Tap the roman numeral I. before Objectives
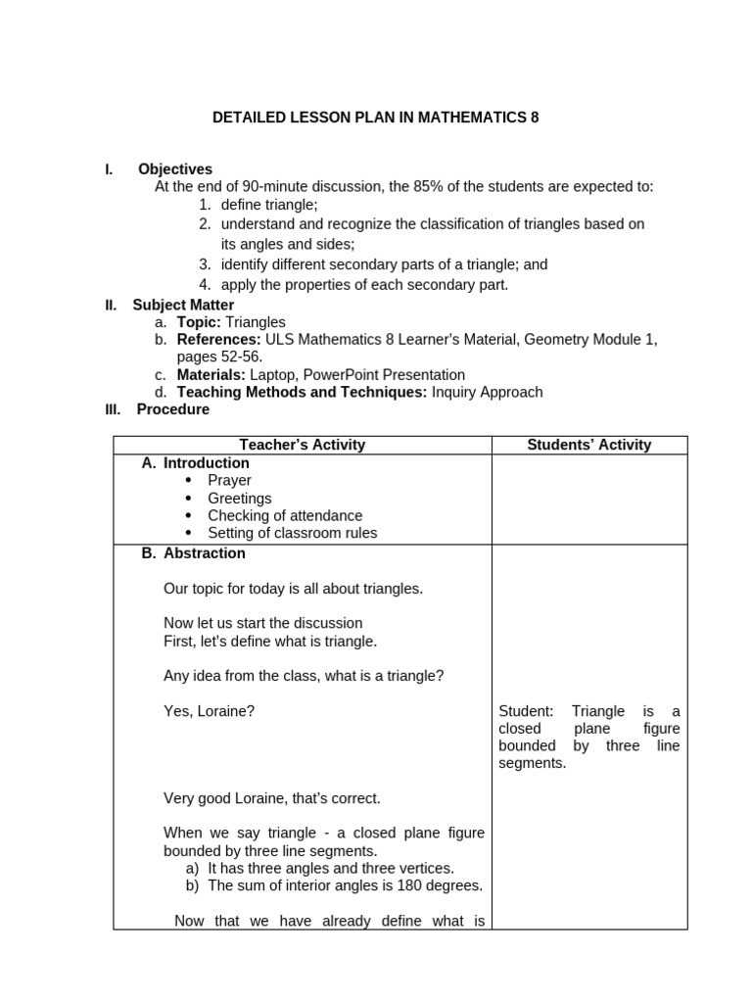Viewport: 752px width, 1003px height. click(x=110, y=169)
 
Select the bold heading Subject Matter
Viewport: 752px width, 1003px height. click(x=183, y=305)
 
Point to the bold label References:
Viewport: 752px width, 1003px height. click(x=219, y=340)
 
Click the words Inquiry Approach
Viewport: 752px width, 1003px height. click(x=487, y=392)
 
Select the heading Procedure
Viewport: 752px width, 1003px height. click(x=172, y=409)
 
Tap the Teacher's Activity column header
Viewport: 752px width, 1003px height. click(x=302, y=445)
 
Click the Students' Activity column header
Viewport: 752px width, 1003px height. click(x=588, y=445)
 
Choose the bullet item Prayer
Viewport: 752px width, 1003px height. click(x=229, y=480)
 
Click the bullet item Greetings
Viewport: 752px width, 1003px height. click(x=240, y=498)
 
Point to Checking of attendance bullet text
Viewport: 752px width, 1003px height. click(x=285, y=515)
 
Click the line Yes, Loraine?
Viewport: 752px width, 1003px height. click(x=209, y=711)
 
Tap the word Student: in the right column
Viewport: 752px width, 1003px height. click(x=526, y=711)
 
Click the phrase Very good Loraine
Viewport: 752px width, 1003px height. click(x=229, y=798)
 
